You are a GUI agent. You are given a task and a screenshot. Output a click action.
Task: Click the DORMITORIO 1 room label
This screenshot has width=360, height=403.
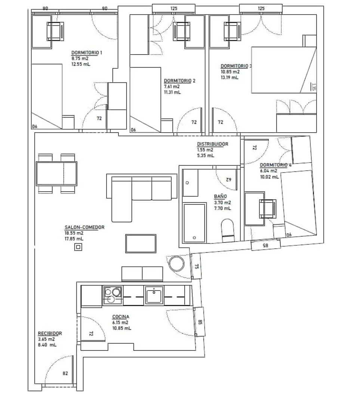87,53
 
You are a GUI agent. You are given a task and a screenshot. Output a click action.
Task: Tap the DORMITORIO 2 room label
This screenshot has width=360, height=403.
179,81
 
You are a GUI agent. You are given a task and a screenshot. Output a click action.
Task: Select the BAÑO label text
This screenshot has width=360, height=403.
220,196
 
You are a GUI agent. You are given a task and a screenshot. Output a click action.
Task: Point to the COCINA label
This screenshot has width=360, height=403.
121,317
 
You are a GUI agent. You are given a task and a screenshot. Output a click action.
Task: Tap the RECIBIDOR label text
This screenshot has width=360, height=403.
50,334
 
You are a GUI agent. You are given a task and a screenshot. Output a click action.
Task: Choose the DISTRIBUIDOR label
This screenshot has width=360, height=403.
213,144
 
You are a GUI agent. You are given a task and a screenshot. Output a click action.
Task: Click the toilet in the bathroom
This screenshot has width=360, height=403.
228,230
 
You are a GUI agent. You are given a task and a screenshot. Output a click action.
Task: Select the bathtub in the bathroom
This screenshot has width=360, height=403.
194,223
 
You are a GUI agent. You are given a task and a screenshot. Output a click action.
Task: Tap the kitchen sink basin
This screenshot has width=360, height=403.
154,295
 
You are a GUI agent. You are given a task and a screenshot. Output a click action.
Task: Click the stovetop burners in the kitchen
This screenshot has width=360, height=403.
113,295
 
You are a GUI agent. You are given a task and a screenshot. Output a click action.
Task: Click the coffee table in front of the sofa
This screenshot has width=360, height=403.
141,244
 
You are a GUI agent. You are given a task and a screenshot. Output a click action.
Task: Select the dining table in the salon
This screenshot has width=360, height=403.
56,173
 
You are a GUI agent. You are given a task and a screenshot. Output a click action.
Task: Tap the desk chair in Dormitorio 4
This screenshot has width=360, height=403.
268,209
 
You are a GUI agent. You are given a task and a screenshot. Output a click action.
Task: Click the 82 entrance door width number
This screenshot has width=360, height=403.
65,373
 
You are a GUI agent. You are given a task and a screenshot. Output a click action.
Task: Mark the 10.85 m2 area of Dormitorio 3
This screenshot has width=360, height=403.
230,72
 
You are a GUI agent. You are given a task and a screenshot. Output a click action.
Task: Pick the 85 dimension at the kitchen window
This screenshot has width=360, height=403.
200,322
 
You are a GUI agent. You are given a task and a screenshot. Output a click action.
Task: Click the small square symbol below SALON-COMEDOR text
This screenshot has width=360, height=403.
78,247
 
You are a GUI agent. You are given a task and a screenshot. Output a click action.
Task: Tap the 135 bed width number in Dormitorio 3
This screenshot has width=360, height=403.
313,87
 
